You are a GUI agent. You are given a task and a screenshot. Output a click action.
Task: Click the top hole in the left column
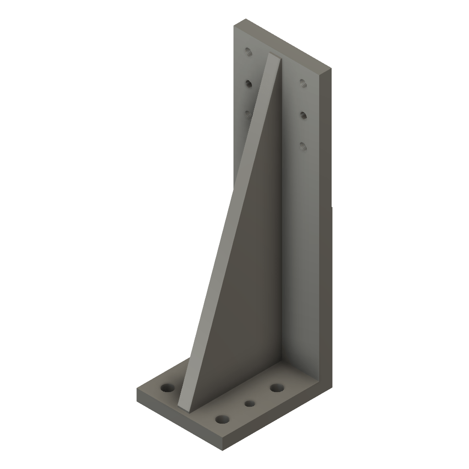pos(248,51)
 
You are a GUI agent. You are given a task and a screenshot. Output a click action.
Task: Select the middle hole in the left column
pos(249,83)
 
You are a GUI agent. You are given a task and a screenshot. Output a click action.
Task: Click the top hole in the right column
pos(302,83)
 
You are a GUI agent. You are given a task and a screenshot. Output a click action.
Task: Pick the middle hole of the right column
pos(303,114)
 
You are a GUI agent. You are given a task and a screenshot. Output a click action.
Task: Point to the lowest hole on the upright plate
pos(303,146)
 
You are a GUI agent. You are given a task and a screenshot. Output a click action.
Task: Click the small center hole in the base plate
pos(250,404)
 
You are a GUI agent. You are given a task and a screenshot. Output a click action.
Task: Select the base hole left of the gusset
pos(168,388)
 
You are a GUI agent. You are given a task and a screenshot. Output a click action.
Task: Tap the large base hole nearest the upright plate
pos(276,388)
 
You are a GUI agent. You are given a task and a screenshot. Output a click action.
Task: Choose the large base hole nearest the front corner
pos(222,419)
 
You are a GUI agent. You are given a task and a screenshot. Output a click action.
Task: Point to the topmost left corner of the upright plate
pos(245,19)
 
